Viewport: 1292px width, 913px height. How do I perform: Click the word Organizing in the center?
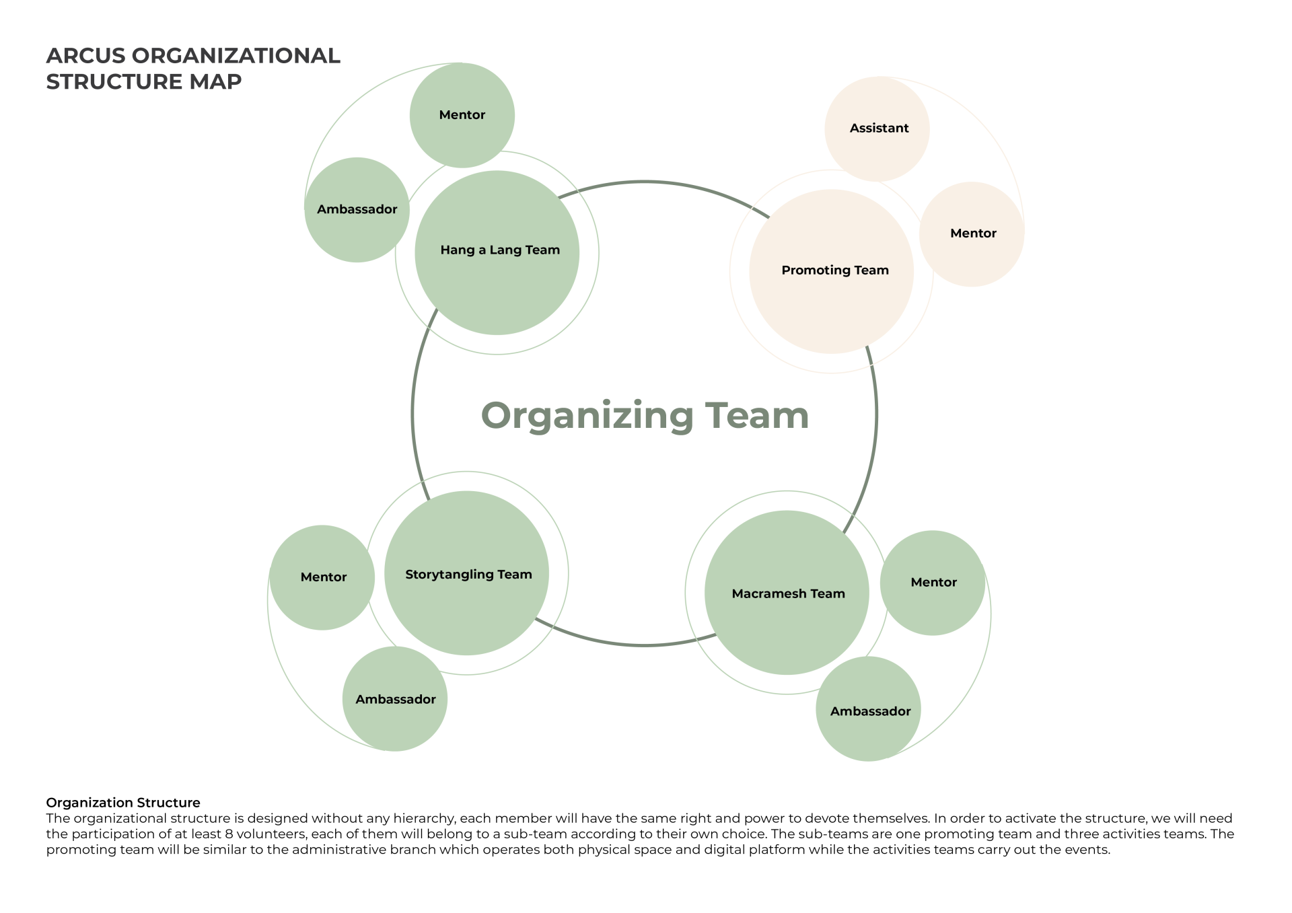click(587, 416)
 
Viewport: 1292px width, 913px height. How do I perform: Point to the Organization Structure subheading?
click(123, 803)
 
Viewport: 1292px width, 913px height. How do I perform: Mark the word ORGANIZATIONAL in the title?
click(236, 56)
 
